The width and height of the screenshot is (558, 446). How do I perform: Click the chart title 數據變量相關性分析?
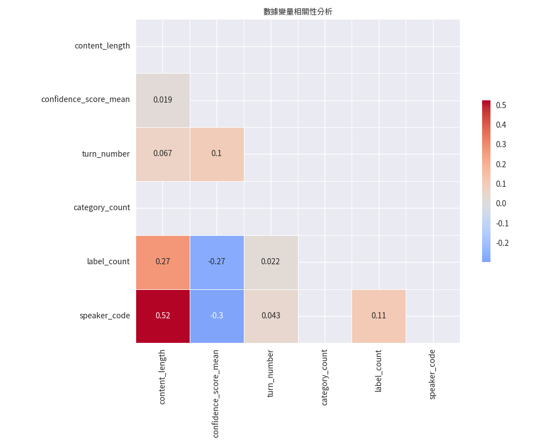[297, 11]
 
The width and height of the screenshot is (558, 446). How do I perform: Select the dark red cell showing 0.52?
[162, 316]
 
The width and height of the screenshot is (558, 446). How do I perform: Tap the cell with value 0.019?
[162, 100]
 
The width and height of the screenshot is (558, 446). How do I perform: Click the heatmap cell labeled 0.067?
[162, 153]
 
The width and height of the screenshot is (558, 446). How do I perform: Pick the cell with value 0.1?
[217, 153]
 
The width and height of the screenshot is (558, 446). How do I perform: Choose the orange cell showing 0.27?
[162, 261]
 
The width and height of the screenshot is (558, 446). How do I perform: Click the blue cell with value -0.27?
[217, 261]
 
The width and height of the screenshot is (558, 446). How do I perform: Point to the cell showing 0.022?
[271, 261]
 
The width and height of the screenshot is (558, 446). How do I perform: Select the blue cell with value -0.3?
[217, 316]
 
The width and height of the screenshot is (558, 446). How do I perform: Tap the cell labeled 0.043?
[271, 316]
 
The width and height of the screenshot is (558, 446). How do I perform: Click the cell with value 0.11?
[378, 316]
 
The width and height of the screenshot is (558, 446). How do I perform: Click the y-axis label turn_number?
[105, 154]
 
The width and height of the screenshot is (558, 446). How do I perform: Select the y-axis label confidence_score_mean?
[85, 100]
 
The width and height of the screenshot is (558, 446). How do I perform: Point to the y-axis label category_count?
[102, 208]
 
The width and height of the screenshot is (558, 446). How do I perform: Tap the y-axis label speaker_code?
[104, 316]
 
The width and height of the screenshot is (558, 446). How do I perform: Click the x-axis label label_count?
[378, 371]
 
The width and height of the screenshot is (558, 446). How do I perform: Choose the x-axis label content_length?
[162, 377]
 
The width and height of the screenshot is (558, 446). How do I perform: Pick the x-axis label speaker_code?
[432, 374]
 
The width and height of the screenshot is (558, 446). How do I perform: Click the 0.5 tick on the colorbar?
[501, 105]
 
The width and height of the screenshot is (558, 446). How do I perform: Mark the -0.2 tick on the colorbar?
[502, 243]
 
